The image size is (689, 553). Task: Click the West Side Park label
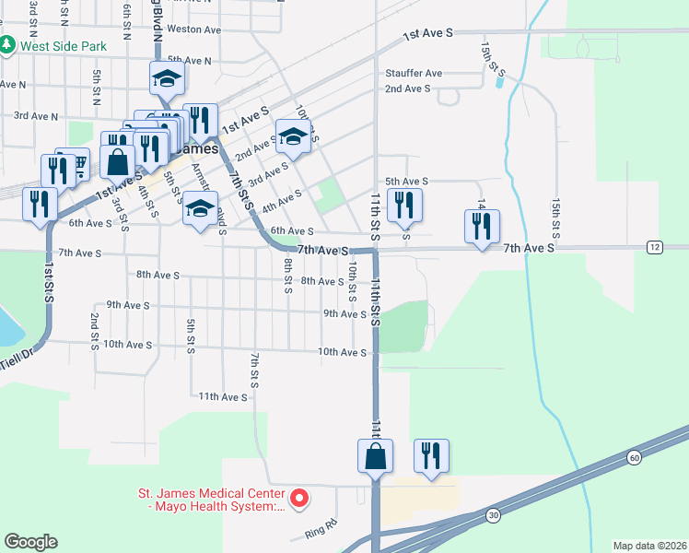(x=63, y=45)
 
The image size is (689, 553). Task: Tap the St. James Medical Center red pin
(x=299, y=500)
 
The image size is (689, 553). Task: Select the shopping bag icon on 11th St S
(x=376, y=456)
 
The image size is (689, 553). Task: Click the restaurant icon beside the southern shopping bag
(x=431, y=456)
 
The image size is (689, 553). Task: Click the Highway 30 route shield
(x=494, y=513)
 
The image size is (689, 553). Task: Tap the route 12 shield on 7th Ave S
(x=654, y=247)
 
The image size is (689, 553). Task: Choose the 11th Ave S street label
(x=223, y=396)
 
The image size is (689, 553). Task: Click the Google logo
(x=30, y=542)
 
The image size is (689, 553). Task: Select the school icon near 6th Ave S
(x=199, y=209)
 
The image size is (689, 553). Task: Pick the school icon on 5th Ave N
(x=168, y=78)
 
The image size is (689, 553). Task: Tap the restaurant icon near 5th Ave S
(x=403, y=206)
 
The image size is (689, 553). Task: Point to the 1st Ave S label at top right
(x=428, y=34)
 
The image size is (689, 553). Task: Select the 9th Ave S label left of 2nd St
(x=128, y=304)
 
